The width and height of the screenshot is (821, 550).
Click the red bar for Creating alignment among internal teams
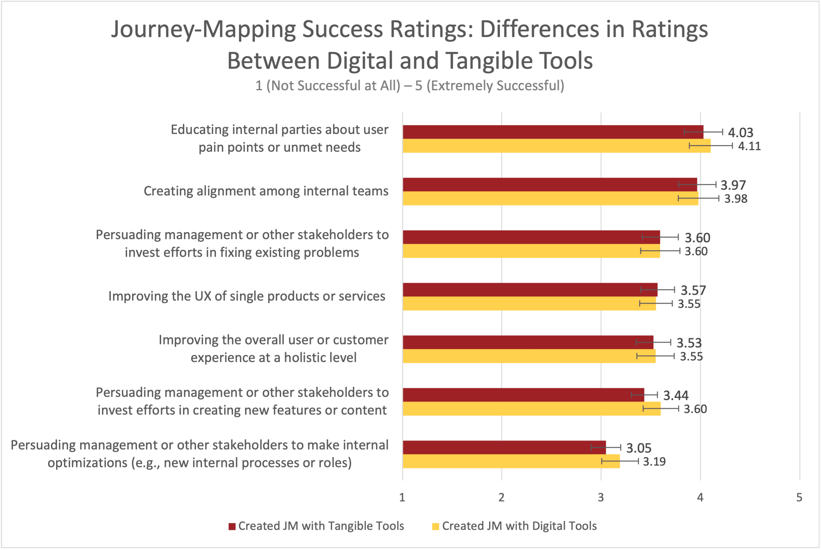click(x=549, y=185)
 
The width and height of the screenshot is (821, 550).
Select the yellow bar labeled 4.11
click(x=556, y=146)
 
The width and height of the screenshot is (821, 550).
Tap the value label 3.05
click(x=639, y=448)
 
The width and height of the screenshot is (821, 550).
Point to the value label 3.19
click(x=654, y=461)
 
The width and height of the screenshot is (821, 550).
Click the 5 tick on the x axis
click(x=799, y=497)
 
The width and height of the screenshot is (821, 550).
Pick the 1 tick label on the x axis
click(x=402, y=497)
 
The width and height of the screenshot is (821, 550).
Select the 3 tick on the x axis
click(x=601, y=497)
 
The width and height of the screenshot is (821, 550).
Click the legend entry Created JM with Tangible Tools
click(x=321, y=526)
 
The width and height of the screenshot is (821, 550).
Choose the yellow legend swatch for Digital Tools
click(x=436, y=526)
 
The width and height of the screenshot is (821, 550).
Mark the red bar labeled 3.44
click(x=523, y=395)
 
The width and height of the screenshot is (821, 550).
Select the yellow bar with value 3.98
click(x=550, y=198)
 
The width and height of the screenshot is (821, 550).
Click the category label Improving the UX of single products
click(x=247, y=296)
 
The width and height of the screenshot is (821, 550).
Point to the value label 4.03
click(x=740, y=133)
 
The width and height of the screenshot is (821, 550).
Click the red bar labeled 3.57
click(x=530, y=290)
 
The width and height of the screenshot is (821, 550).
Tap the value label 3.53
click(x=689, y=343)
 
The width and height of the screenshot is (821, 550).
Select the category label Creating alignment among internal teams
click(x=266, y=191)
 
